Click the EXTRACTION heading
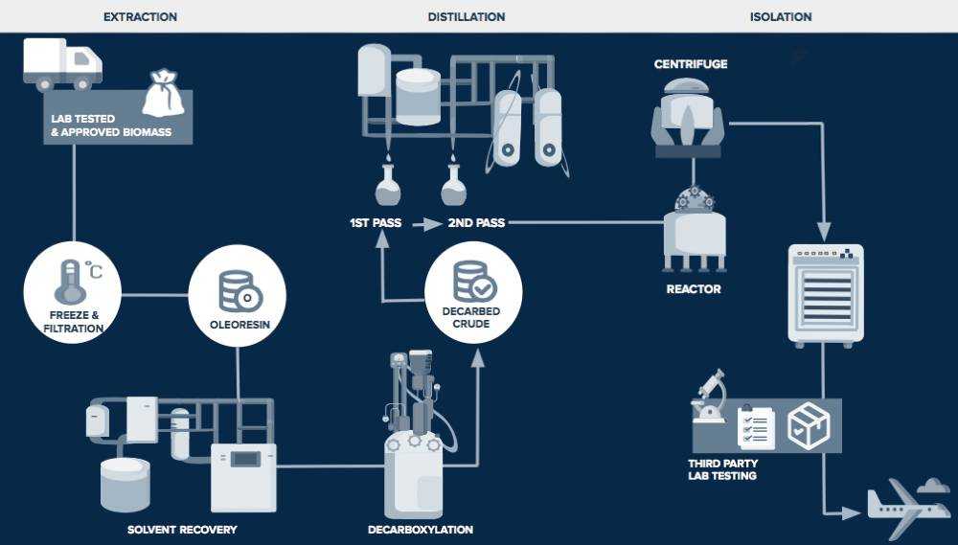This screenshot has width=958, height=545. pyautogui.click(x=140, y=17)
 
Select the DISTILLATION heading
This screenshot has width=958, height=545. pyautogui.click(x=467, y=17)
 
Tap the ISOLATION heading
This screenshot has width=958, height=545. pyautogui.click(x=781, y=17)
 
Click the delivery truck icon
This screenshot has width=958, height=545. pyautogui.click(x=62, y=64)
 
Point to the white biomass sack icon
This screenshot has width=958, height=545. pyautogui.click(x=163, y=94)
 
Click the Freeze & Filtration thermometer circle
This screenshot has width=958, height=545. pyautogui.click(x=73, y=290)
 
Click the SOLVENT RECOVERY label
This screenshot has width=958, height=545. pyautogui.click(x=182, y=529)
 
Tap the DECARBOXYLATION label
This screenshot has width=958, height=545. pyautogui.click(x=420, y=529)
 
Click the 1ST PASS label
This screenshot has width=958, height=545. pyautogui.click(x=376, y=223)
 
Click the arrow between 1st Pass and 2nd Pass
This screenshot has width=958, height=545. pyautogui.click(x=425, y=224)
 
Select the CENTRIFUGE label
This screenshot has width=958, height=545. pyautogui.click(x=691, y=64)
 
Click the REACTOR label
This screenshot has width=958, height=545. pyautogui.click(x=694, y=288)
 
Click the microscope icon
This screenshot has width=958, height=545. pyautogui.click(x=710, y=397)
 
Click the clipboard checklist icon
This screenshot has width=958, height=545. pyautogui.click(x=757, y=427)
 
